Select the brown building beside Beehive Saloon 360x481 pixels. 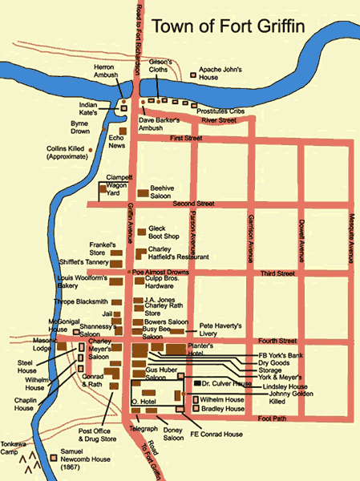pos(142,192)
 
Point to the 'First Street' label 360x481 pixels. pos(187,139)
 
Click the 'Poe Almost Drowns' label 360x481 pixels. pos(160,273)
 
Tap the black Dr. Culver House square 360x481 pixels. pos(196,385)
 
